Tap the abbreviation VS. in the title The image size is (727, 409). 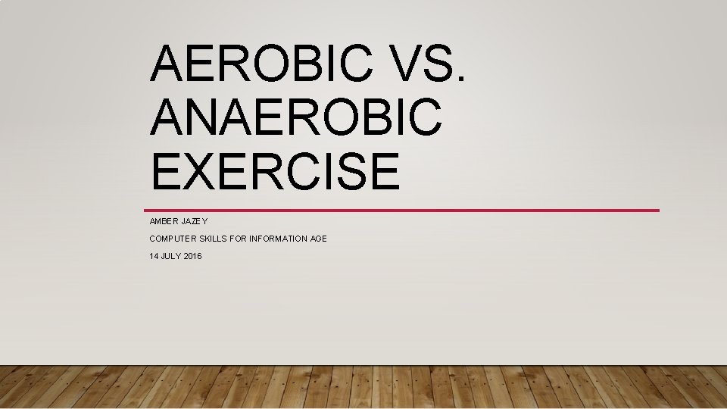427,64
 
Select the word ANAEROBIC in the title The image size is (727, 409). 296,117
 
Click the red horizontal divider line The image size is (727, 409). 401,210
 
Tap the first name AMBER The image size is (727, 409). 164,220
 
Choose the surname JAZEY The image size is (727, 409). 195,220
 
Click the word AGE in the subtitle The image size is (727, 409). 319,239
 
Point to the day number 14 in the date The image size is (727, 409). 154,257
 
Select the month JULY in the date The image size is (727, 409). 172,257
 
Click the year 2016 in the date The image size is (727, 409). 193,257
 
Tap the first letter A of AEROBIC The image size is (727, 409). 168,64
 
